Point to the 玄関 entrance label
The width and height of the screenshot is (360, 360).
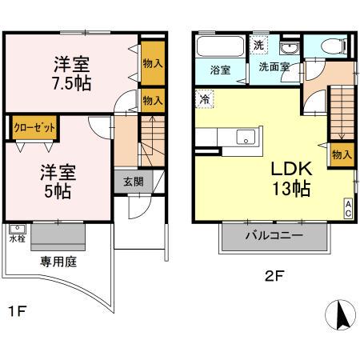(x=133, y=181)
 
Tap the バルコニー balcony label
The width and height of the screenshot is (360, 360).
(x=274, y=237)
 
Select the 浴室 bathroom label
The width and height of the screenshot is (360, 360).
(x=220, y=70)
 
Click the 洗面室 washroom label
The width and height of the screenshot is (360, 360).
(x=274, y=69)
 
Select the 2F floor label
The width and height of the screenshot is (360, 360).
(x=274, y=278)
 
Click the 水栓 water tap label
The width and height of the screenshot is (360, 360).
(x=17, y=238)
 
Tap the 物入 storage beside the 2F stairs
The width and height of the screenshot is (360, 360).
(x=342, y=154)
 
